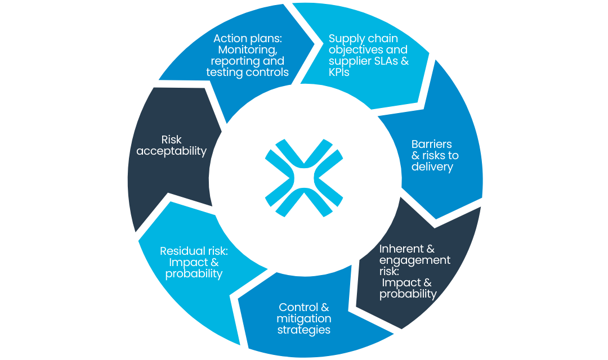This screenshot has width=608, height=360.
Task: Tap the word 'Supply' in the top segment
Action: (x=345, y=39)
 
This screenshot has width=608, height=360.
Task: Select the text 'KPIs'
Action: (x=339, y=73)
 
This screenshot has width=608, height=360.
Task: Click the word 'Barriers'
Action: (x=432, y=144)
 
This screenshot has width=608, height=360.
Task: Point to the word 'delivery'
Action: (x=432, y=166)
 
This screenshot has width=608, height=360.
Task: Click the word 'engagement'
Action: (x=415, y=260)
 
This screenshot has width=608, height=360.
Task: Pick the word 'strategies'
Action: (x=304, y=330)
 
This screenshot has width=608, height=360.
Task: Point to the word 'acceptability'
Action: (x=171, y=151)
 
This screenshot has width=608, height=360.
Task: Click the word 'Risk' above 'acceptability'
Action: (x=171, y=139)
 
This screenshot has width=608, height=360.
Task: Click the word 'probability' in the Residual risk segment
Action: (x=194, y=274)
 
